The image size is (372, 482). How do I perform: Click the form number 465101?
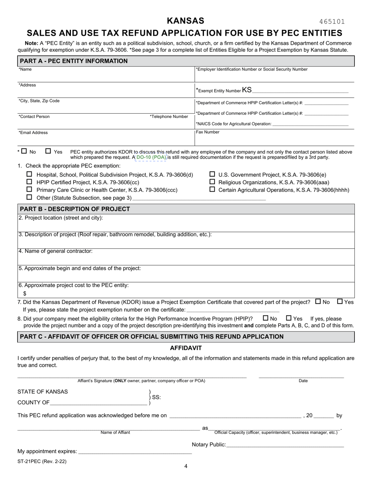pos(332,22)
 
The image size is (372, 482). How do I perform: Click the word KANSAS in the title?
pos(186,21)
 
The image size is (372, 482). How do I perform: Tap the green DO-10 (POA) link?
pos(151,157)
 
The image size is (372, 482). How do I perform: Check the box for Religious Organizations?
pos(212,182)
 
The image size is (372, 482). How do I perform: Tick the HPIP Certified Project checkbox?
pos(29,182)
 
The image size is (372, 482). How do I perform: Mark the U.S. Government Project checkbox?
pos(212,174)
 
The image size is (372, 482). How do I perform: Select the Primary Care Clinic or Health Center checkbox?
pos(29,189)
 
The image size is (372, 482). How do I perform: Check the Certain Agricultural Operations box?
pos(212,189)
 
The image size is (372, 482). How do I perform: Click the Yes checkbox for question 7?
pos(340,301)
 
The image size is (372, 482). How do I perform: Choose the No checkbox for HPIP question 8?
pos(265,318)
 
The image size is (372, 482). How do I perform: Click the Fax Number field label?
pos(208,132)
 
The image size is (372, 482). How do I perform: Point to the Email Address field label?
pos(33,132)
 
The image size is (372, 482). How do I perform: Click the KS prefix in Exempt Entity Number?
pos(247,90)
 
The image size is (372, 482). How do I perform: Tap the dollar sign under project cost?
pos(25,293)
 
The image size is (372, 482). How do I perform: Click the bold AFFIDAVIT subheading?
pos(186,348)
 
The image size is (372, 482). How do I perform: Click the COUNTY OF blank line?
pos(98,402)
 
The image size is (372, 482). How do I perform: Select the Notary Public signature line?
pos(285,445)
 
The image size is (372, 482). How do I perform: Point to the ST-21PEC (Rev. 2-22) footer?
pos(42,461)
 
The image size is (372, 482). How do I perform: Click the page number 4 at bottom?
pos(186,466)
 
